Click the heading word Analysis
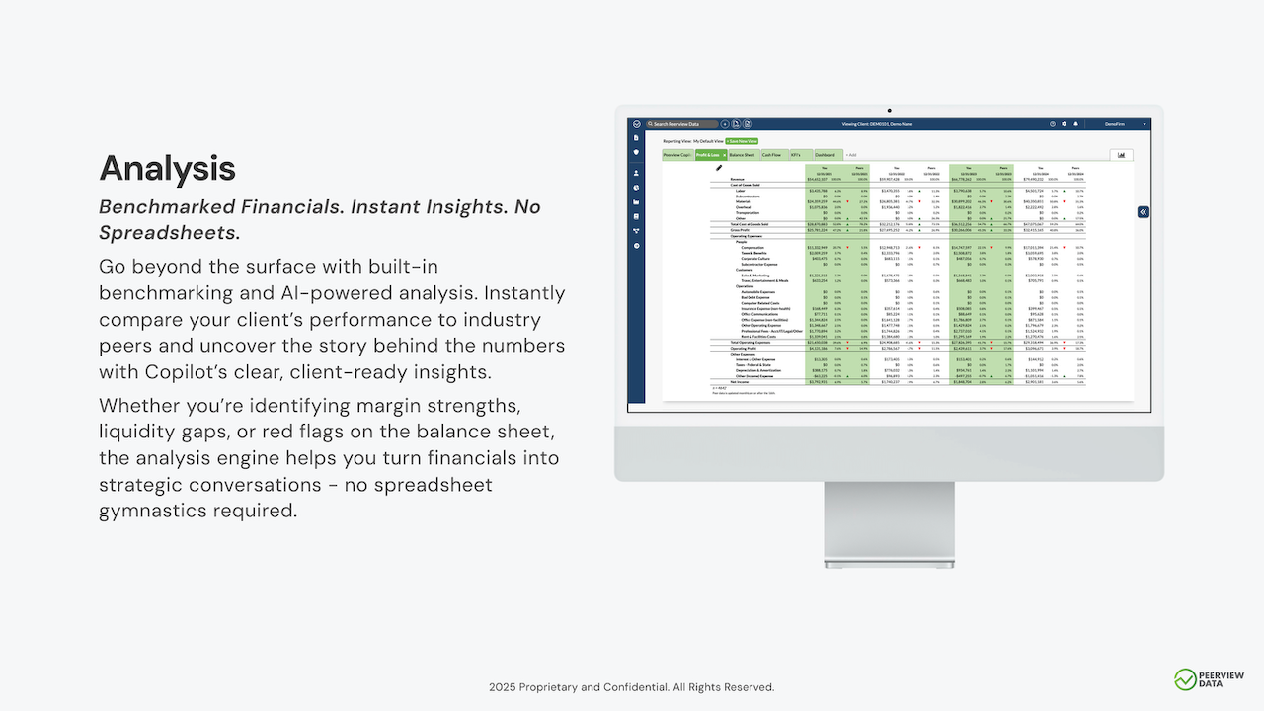pyautogui.click(x=167, y=169)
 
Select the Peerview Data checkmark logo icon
pyautogui.click(x=1185, y=679)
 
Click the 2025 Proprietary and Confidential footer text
pyautogui.click(x=631, y=687)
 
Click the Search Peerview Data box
pyautogui.click(x=682, y=124)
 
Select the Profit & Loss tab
pyautogui.click(x=709, y=155)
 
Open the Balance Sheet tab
pyautogui.click(x=742, y=155)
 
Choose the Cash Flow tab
pyautogui.click(x=771, y=155)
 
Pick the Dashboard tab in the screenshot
pyautogui.click(x=825, y=155)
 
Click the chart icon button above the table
pyautogui.click(x=1121, y=155)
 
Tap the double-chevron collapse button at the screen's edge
pyautogui.click(x=1143, y=212)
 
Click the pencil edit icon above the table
pyautogui.click(x=719, y=168)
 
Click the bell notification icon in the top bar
pyautogui.click(x=1075, y=124)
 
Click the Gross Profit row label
pyautogui.click(x=740, y=230)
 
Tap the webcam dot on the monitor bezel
pyautogui.click(x=889, y=110)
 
